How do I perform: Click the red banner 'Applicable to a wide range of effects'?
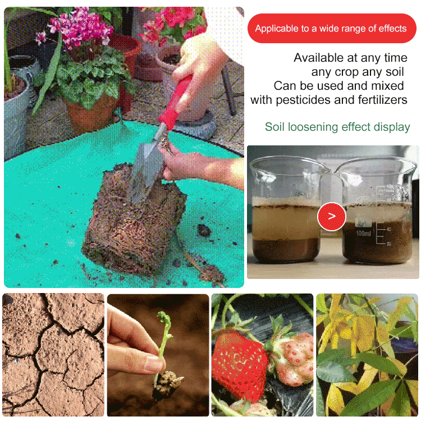tap(331, 29)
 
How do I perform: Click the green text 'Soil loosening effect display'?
tap(337, 127)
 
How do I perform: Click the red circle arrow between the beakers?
tap(331, 216)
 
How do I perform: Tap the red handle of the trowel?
tap(177, 101)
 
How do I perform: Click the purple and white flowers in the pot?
tap(81, 28)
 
